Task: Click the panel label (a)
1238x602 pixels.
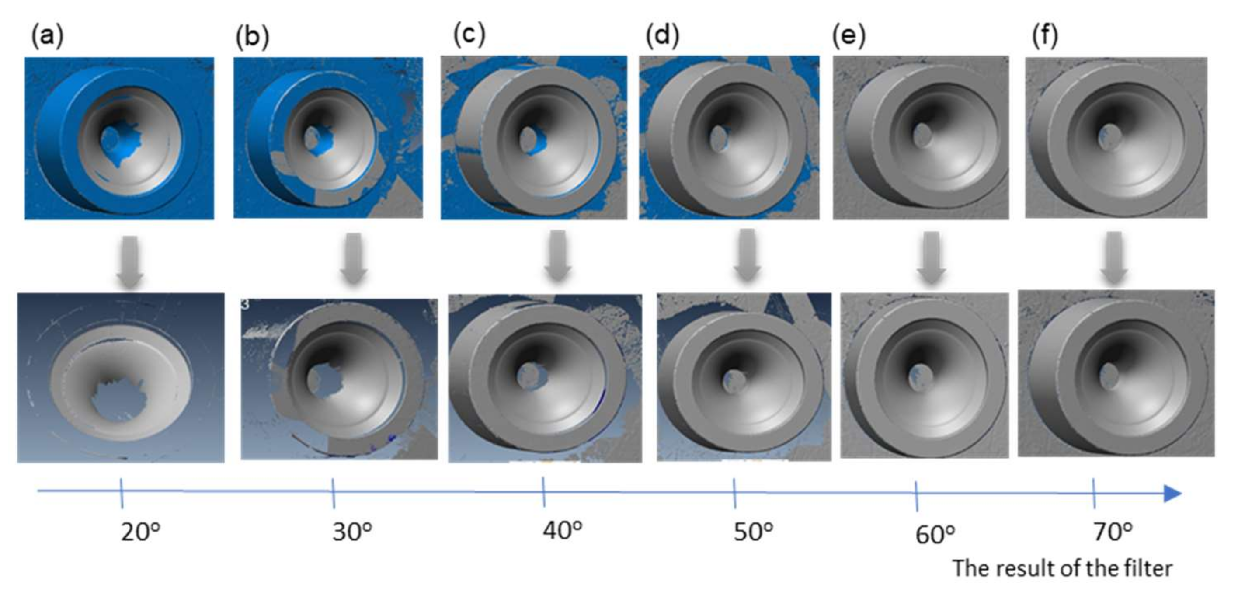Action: (47, 35)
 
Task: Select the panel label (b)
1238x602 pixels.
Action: (252, 37)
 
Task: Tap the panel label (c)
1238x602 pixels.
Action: (469, 34)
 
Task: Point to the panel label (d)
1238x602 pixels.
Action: (662, 35)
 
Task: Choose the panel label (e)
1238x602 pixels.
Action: (849, 35)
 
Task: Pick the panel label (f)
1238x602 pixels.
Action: (1045, 35)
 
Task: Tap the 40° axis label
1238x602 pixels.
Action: (562, 530)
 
